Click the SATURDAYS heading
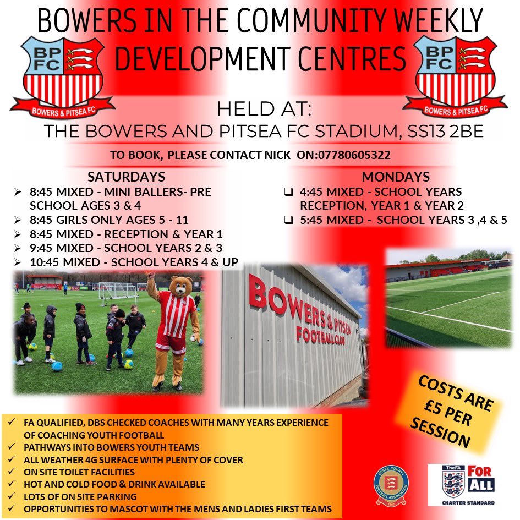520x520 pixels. coord(126,177)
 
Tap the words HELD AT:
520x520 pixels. coord(264,109)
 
